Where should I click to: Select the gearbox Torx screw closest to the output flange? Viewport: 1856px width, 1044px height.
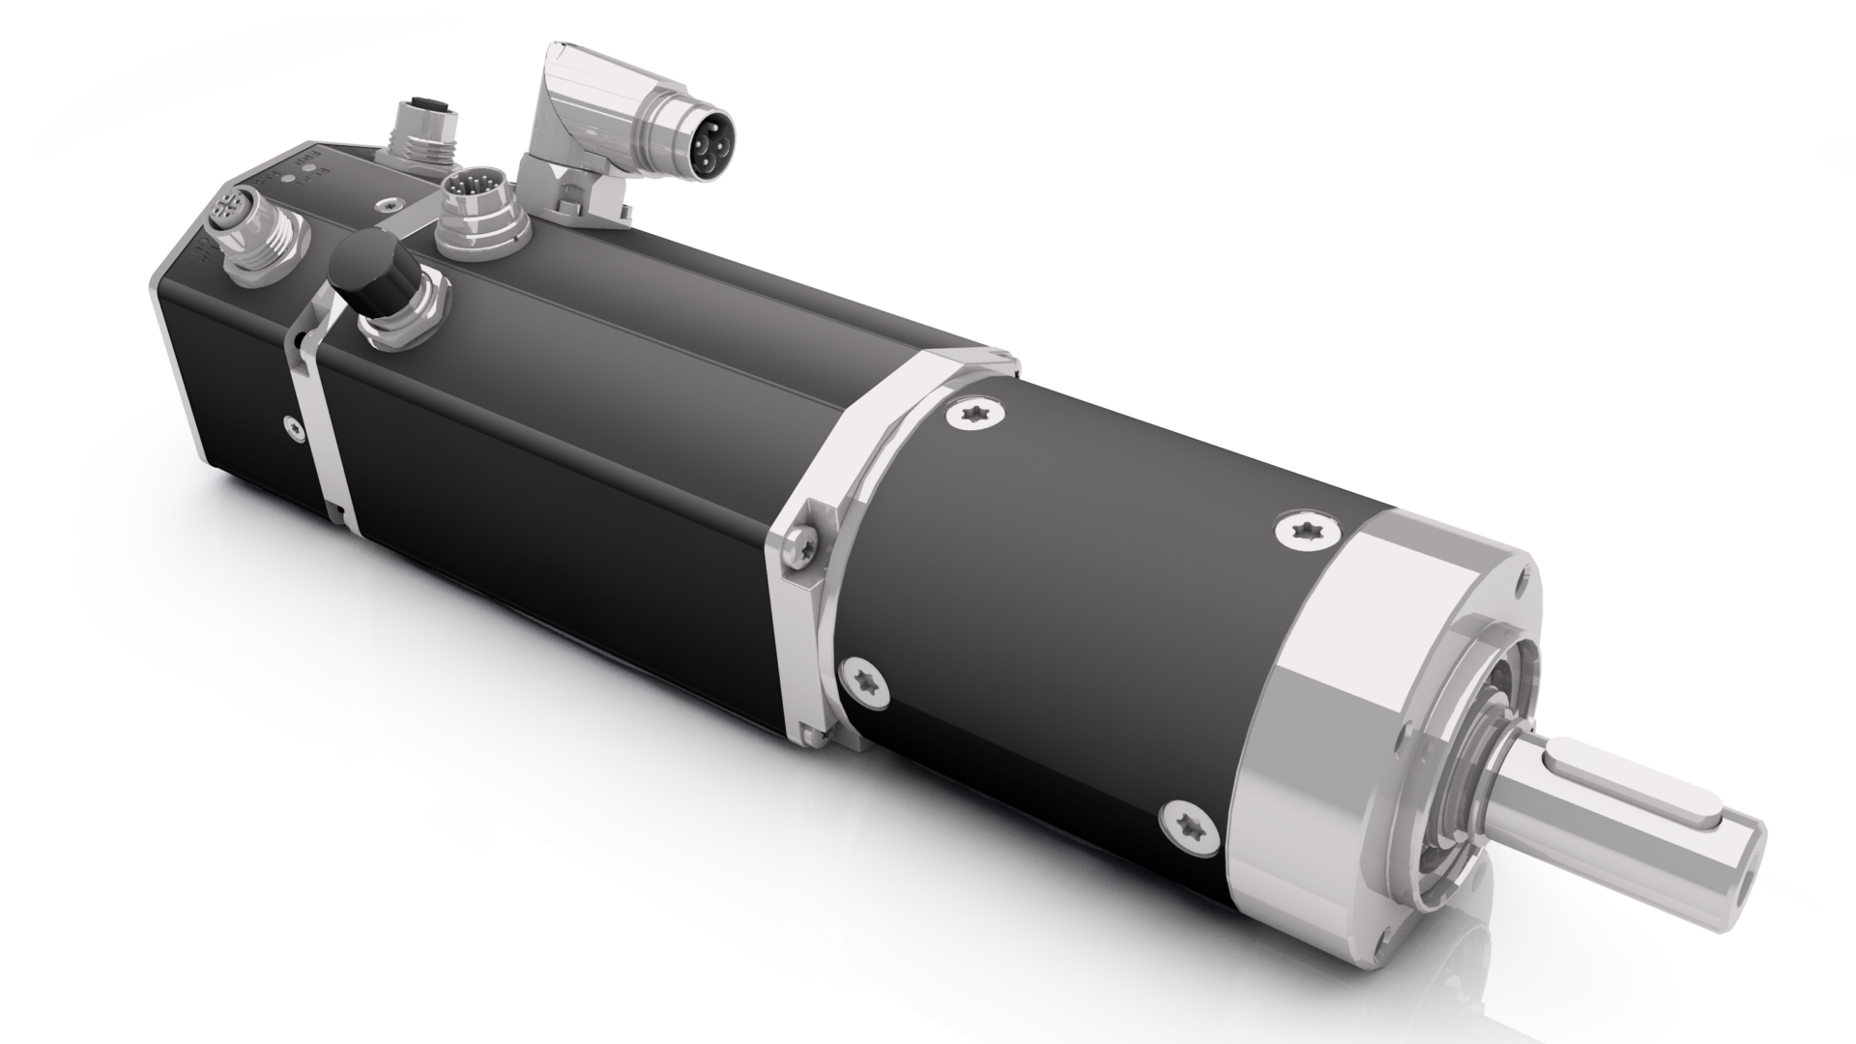1301,529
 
